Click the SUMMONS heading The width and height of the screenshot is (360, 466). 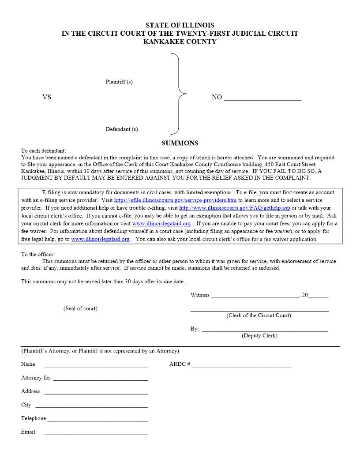click(180, 143)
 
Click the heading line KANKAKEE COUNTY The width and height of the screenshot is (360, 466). click(180, 41)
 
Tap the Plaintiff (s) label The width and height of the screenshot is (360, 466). click(119, 82)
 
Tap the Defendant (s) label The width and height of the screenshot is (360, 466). click(122, 129)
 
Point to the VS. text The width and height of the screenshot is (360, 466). click(48, 98)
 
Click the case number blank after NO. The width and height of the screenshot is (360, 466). click(262, 98)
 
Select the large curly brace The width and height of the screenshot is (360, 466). click(178, 94)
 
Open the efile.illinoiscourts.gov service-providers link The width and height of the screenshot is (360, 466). click(175, 200)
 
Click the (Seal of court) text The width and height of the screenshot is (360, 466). click(80, 308)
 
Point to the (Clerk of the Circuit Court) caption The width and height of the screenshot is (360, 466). click(259, 316)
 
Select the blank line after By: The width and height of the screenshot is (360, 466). click(265, 330)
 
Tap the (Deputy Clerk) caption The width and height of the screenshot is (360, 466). click(259, 336)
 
